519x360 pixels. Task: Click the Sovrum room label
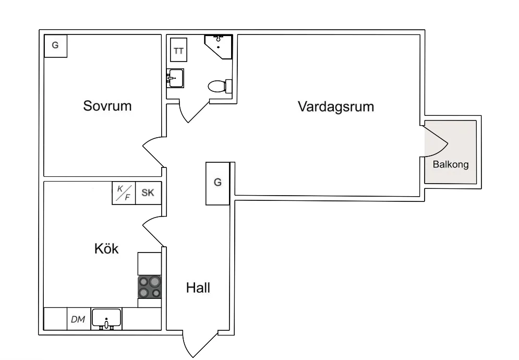tap(107, 106)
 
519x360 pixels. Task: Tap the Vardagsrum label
tap(336, 107)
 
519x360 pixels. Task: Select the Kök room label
tap(106, 249)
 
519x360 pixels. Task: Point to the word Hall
tap(198, 287)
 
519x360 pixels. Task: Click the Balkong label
tap(451, 164)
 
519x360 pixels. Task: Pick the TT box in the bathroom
tap(178, 51)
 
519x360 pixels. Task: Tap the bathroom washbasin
tap(175, 79)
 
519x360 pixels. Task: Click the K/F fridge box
tap(124, 193)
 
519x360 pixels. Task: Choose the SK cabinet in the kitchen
tap(148, 193)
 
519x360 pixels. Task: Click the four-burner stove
tap(149, 287)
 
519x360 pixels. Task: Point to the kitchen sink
tap(106, 318)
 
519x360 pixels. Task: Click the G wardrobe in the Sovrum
tap(55, 46)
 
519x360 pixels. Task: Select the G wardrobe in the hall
tap(218, 183)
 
